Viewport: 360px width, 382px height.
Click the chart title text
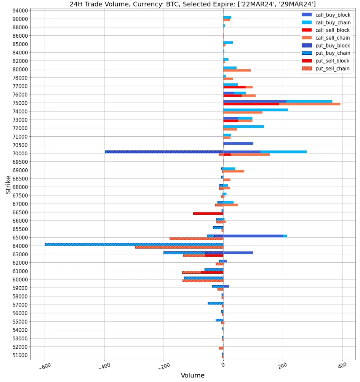pos(192,4)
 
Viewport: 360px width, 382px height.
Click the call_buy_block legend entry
pos(332,15)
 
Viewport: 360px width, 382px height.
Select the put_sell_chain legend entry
pos(332,69)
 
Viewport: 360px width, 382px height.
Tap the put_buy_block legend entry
pos(332,46)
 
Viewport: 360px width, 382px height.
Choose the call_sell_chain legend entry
pos(332,38)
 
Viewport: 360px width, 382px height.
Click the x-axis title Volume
pos(192,376)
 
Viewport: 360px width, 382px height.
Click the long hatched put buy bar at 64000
pos(134,245)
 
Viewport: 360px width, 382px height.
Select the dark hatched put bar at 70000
pos(164,152)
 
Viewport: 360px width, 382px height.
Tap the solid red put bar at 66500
pos(208,213)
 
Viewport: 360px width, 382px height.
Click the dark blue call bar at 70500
pos(238,143)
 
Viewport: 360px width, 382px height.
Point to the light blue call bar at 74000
pos(255,109)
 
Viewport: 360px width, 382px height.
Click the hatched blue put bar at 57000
pos(216,303)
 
